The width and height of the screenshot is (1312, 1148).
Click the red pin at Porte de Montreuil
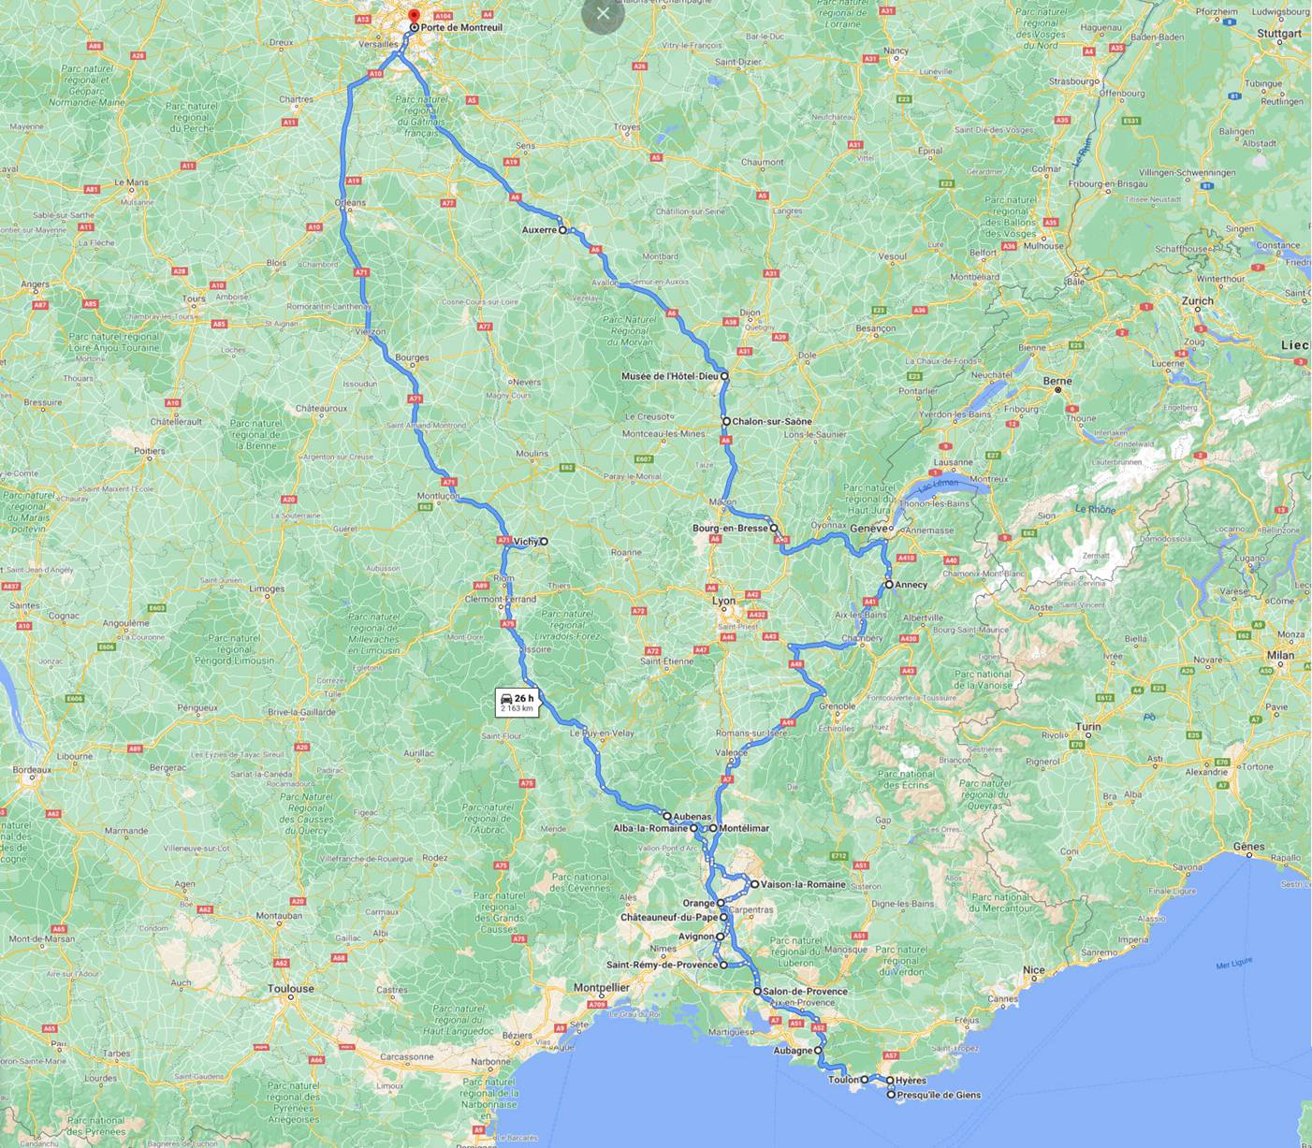(414, 15)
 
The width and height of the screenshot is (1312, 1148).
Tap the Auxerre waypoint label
(538, 229)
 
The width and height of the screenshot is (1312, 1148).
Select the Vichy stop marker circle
(544, 541)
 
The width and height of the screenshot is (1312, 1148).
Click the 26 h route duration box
(518, 703)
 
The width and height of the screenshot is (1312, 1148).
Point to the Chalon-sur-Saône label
(772, 422)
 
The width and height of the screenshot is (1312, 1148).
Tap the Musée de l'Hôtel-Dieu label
(669, 376)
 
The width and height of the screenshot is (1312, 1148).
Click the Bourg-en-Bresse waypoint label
(730, 528)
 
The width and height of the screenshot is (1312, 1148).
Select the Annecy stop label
(911, 585)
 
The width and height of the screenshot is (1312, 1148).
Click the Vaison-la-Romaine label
(803, 884)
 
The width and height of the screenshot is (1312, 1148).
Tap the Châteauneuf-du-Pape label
(669, 918)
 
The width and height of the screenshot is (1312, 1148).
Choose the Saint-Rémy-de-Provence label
(662, 965)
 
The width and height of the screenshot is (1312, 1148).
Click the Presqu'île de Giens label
(939, 1095)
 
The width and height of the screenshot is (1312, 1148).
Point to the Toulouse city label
(290, 988)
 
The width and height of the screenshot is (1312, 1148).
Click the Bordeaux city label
(32, 769)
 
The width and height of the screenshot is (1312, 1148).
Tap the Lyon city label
(723, 602)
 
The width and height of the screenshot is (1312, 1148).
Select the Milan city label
(1281, 655)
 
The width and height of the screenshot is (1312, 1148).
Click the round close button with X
(603, 14)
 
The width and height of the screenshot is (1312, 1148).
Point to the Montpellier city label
(601, 987)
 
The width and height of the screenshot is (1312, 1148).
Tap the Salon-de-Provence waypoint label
(805, 992)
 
